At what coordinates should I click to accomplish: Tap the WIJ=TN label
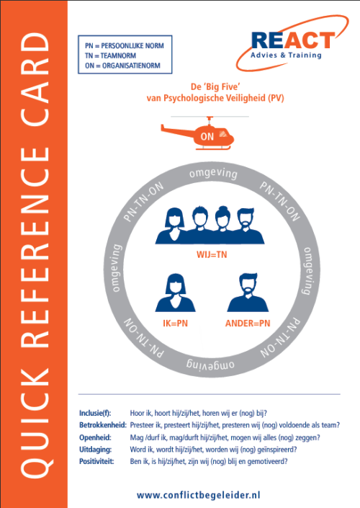(212, 254)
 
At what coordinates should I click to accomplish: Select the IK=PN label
(175, 324)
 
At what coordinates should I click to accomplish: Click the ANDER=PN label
(248, 324)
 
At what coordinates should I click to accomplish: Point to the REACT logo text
(293, 40)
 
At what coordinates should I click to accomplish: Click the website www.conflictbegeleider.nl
(198, 495)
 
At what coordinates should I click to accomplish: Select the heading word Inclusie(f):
(95, 413)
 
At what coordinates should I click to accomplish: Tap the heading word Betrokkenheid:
(103, 425)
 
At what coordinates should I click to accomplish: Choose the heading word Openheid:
(95, 437)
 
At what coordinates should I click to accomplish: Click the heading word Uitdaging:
(96, 450)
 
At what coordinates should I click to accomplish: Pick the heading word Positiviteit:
(96, 461)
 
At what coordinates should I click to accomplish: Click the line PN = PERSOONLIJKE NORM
(125, 45)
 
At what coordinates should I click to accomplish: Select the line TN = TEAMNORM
(110, 55)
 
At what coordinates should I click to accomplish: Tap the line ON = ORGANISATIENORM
(122, 66)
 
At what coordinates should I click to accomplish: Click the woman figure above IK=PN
(175, 293)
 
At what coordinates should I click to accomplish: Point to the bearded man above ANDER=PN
(248, 293)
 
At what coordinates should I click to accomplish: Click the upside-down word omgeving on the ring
(210, 364)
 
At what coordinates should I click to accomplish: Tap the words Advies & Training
(286, 55)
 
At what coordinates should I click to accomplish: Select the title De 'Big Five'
(215, 86)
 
